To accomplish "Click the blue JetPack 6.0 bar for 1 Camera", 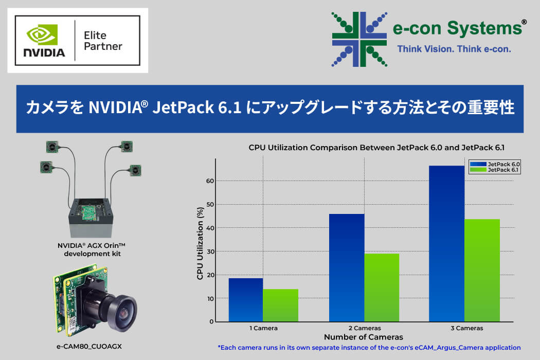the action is [x=246, y=300].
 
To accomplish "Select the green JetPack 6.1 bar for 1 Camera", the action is [x=281, y=305].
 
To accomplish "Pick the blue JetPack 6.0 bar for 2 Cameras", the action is [x=347, y=267].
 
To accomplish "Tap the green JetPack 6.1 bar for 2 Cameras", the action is [x=382, y=287].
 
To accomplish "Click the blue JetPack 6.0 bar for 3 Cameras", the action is [x=447, y=244].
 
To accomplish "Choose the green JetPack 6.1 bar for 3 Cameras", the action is [x=482, y=271].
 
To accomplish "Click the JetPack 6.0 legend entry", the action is [x=495, y=165].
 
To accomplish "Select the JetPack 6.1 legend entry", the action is [x=495, y=170].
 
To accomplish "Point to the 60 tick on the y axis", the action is [x=210, y=181].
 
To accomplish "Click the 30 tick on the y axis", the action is [x=210, y=251].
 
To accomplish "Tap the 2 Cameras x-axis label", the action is [x=365, y=328].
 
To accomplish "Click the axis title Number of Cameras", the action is [x=363, y=337].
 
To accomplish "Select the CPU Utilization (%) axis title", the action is [x=200, y=243].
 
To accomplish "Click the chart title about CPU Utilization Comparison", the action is [x=376, y=148].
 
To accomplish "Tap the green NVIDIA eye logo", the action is [x=42, y=34].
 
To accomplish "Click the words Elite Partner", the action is [x=103, y=41].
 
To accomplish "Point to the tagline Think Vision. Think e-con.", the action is [x=454, y=49].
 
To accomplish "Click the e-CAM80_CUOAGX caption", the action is [x=89, y=347].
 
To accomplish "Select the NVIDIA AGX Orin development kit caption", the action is [x=92, y=249].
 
